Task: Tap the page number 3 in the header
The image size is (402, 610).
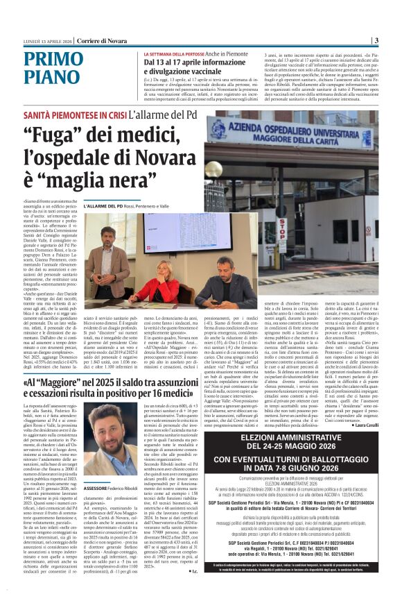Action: click(x=375, y=40)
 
